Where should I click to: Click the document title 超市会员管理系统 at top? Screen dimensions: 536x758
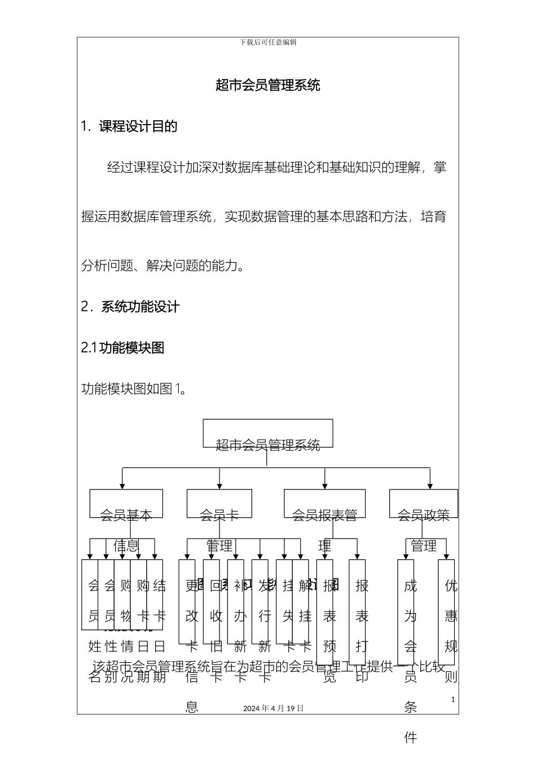[x=268, y=85]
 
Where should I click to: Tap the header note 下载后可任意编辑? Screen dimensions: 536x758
[x=268, y=42]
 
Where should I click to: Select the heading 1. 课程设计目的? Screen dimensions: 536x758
[x=129, y=126]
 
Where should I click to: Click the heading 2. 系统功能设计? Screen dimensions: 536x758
[x=130, y=307]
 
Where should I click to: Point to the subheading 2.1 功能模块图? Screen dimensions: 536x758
[x=123, y=348]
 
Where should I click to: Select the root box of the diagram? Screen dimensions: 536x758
[x=268, y=433]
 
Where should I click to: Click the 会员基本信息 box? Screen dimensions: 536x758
[x=126, y=503]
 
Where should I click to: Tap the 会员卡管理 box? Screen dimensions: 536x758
[x=219, y=503]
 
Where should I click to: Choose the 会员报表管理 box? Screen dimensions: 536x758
[x=324, y=503]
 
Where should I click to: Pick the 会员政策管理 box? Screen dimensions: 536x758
[x=424, y=503]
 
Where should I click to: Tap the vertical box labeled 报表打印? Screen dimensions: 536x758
[x=357, y=603]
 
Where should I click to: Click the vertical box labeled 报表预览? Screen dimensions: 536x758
[x=325, y=603]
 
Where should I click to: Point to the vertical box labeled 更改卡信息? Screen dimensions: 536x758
[x=187, y=601]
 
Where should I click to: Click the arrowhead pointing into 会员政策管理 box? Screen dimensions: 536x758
[x=430, y=486]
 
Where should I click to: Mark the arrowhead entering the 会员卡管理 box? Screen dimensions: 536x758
[x=219, y=486]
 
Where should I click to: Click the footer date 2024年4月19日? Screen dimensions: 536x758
[x=274, y=708]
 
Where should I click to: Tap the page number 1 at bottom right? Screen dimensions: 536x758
[x=453, y=700]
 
